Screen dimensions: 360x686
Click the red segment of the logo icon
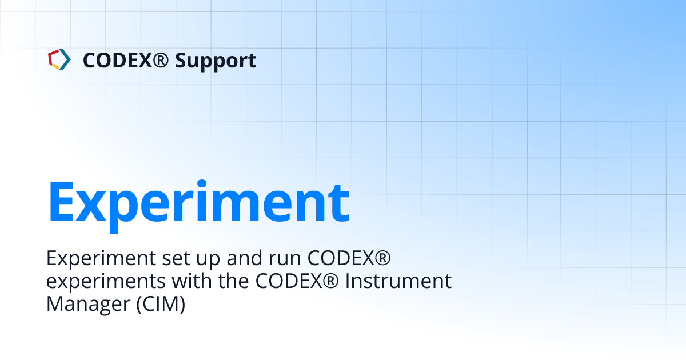(51, 55)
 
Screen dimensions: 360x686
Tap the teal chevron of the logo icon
(66, 59)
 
